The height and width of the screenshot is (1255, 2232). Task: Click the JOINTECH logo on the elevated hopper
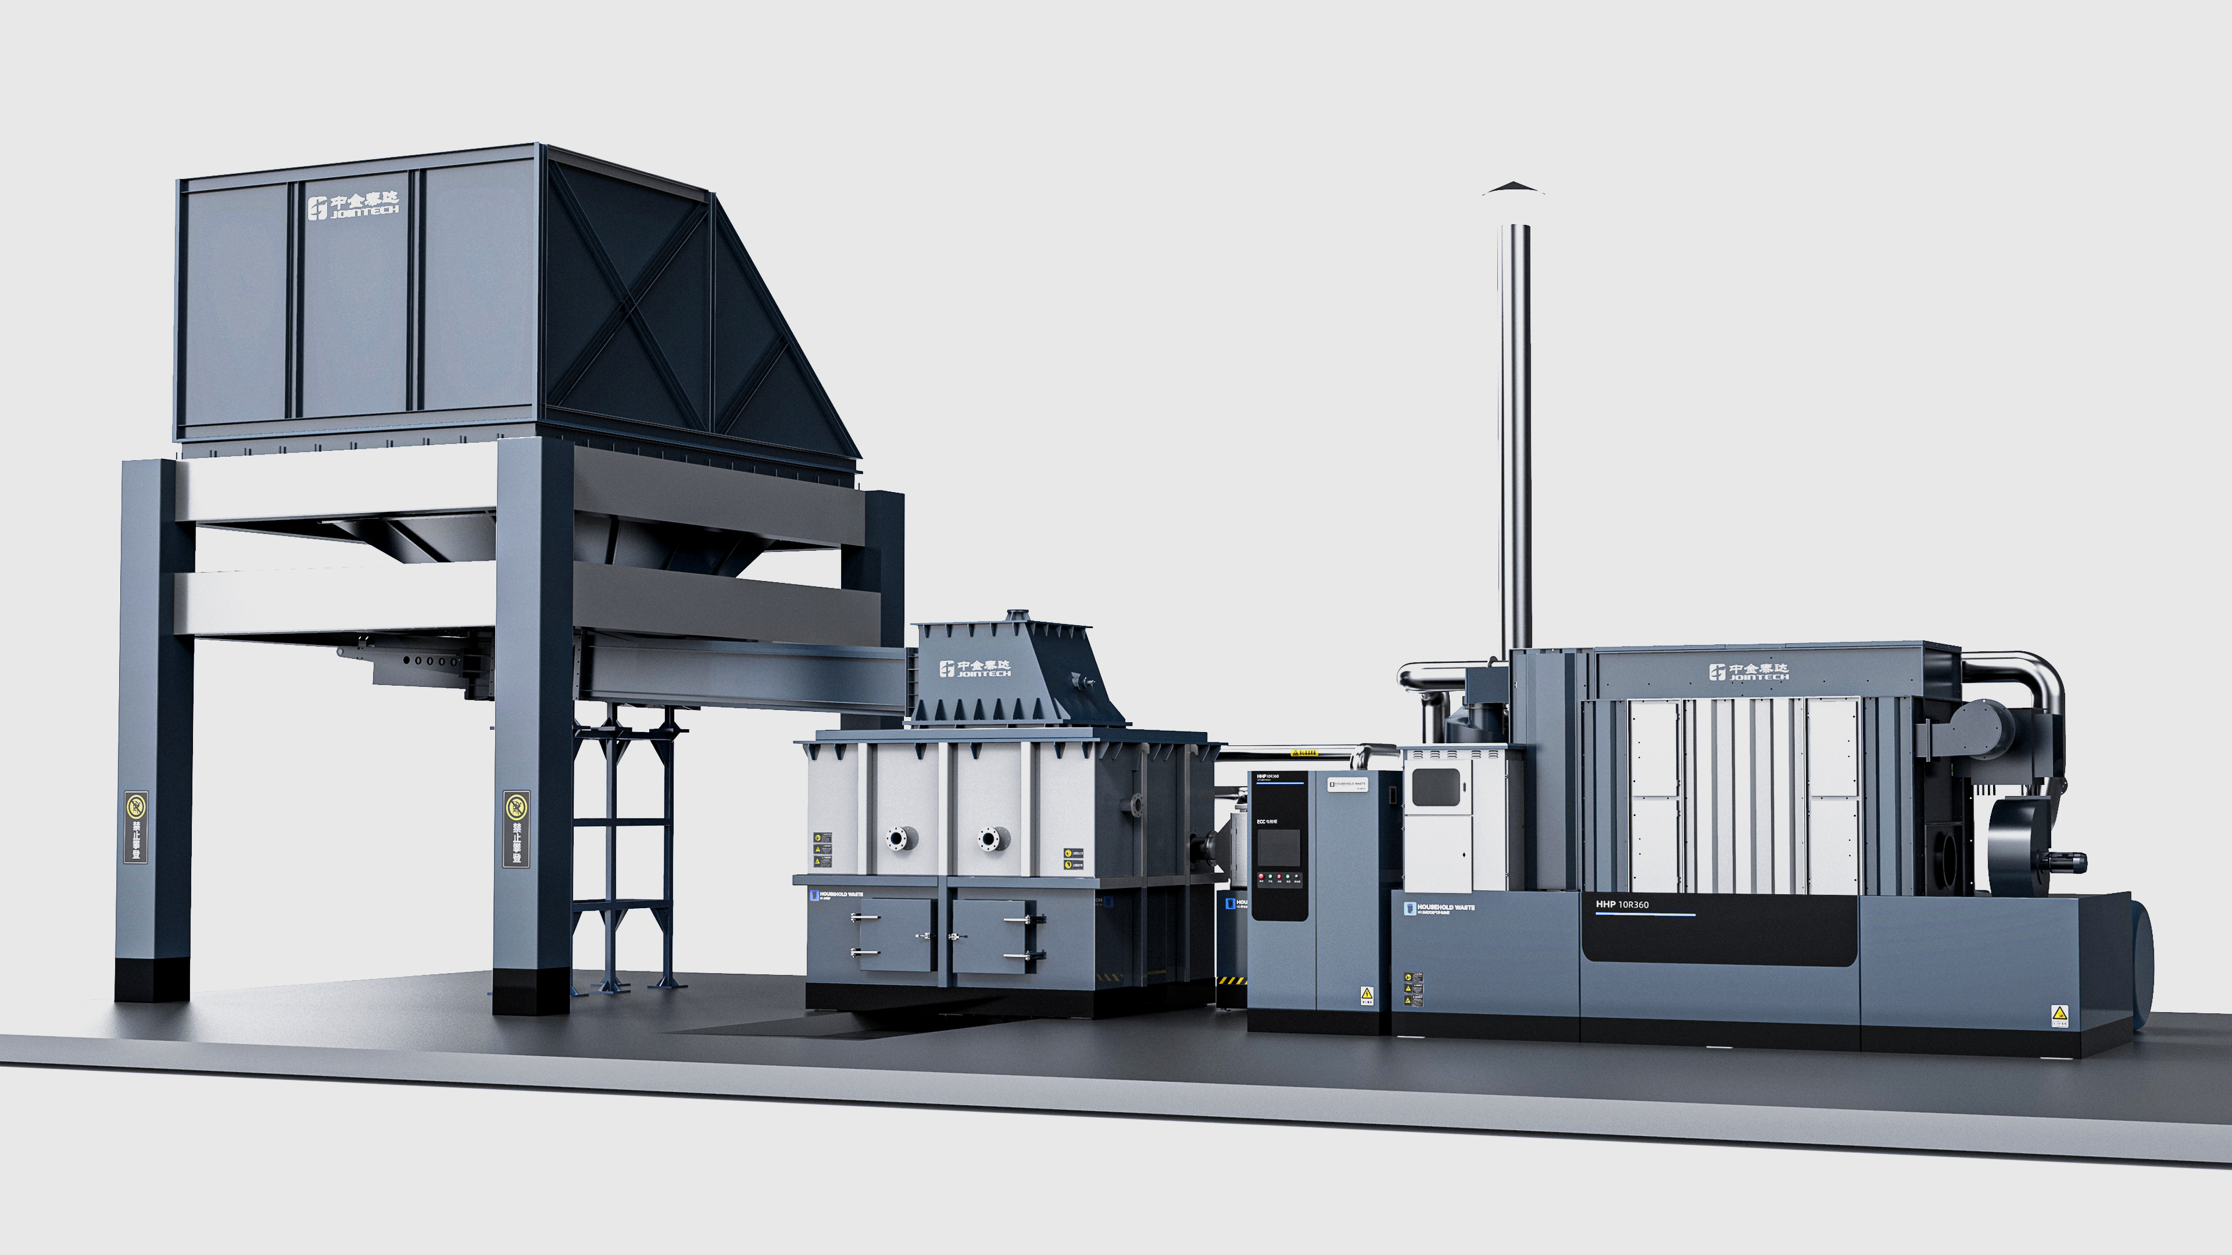pyautogui.click(x=353, y=206)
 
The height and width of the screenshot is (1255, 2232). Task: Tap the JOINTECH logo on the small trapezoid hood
pyautogui.click(x=975, y=668)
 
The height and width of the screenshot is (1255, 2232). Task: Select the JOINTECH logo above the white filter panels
pyautogui.click(x=1748, y=671)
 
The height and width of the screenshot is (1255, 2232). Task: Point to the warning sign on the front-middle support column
pyautogui.click(x=516, y=827)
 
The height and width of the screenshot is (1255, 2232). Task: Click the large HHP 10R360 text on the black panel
pyautogui.click(x=1622, y=904)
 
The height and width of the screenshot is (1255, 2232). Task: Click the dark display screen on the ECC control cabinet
pyautogui.click(x=1279, y=847)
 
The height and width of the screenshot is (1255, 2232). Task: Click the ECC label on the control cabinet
pyautogui.click(x=1267, y=820)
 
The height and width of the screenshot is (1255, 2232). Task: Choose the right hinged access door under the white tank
pyautogui.click(x=992, y=935)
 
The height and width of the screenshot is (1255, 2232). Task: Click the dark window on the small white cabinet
pyautogui.click(x=1436, y=787)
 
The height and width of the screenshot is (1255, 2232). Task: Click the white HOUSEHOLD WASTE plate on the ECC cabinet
pyautogui.click(x=1347, y=785)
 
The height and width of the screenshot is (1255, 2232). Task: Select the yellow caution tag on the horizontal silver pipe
pyautogui.click(x=1304, y=752)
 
